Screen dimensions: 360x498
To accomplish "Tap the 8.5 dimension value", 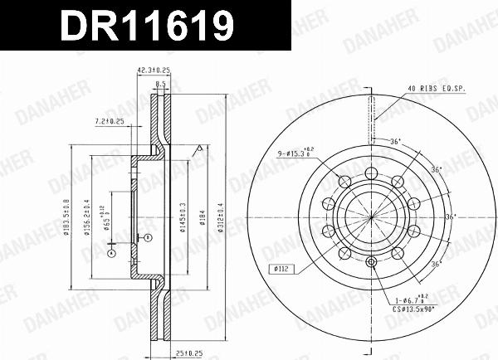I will [160, 84].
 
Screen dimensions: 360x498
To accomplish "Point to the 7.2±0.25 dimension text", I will [109, 121].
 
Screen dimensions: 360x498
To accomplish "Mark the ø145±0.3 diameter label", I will [183, 214].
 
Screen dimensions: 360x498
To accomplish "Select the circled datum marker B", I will [147, 238].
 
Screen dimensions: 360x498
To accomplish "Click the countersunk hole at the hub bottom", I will [371, 263].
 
